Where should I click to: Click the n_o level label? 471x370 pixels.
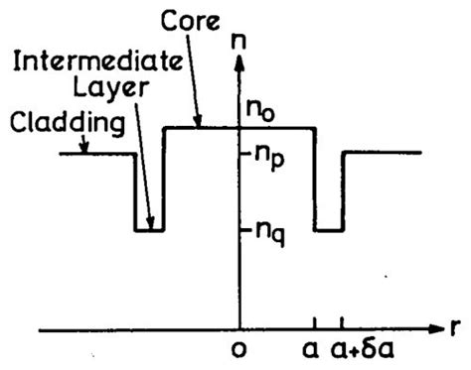coord(261,110)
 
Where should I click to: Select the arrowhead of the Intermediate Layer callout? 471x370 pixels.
coord(150,227)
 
